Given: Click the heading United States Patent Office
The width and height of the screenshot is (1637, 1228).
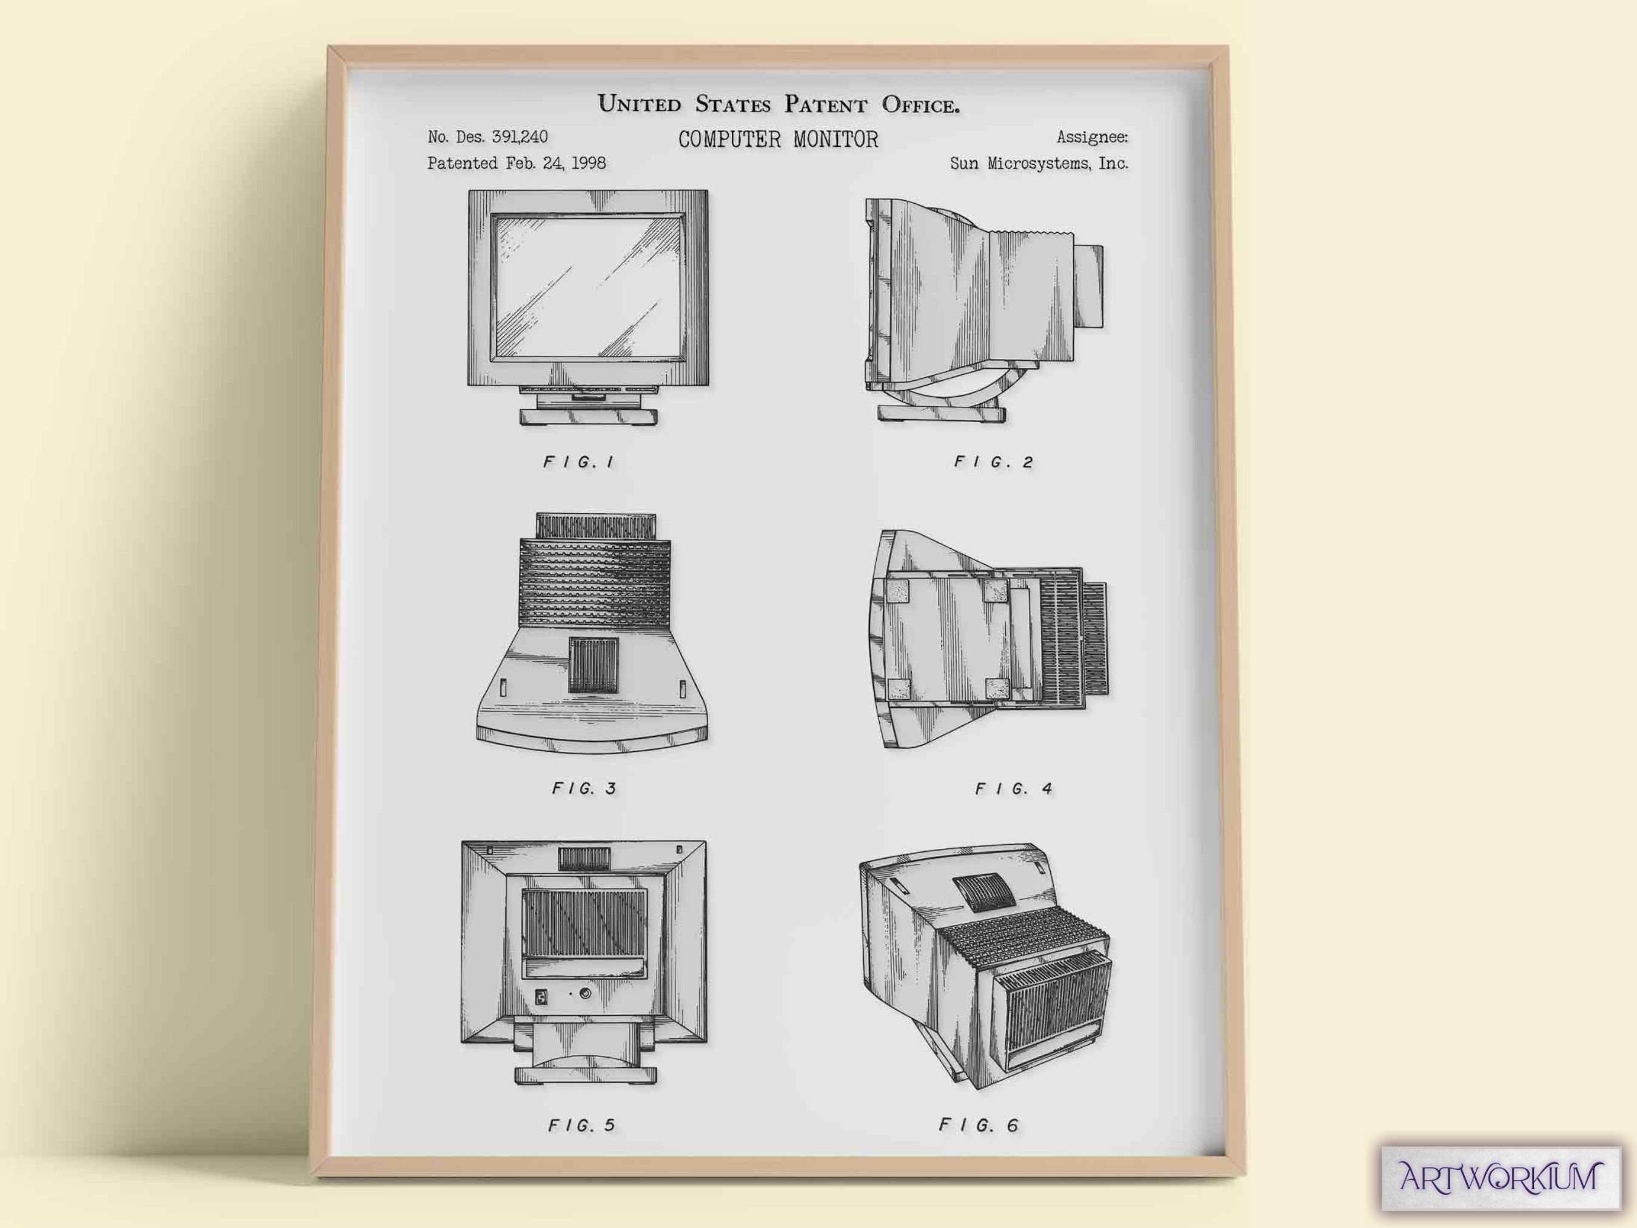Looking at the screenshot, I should click(x=778, y=104).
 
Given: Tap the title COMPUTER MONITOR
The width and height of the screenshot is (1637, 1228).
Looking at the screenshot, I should click(x=778, y=139).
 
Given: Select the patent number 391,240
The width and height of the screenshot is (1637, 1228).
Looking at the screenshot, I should click(x=520, y=137).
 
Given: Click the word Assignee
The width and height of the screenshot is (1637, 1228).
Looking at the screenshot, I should click(x=1091, y=137).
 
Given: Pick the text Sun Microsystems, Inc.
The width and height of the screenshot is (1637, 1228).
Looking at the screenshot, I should click(x=1039, y=164).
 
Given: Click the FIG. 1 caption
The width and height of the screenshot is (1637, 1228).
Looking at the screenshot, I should click(x=579, y=463).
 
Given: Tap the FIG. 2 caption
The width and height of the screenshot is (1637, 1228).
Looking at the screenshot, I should click(x=993, y=463).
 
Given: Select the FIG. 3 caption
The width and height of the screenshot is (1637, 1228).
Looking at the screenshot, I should click(x=584, y=789).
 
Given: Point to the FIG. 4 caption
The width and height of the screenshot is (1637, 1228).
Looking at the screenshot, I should click(x=1013, y=789).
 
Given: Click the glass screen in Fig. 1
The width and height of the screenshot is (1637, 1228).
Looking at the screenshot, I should click(x=588, y=287).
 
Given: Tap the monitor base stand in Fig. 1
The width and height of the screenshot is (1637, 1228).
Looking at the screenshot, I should click(x=588, y=416).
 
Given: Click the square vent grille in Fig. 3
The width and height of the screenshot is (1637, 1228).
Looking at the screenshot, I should click(x=591, y=666).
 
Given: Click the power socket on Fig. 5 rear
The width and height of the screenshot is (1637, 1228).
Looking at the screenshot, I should click(x=541, y=997).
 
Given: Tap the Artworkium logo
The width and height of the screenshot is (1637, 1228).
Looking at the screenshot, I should click(x=1500, y=1177).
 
